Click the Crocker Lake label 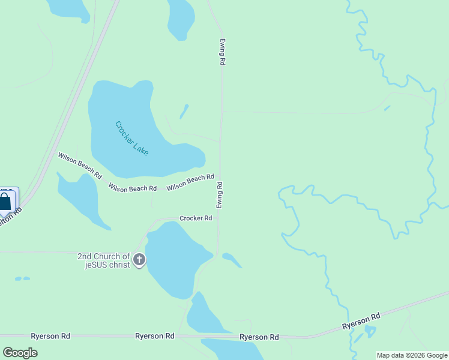point(131,139)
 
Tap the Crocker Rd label point(196,218)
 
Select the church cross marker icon point(139,260)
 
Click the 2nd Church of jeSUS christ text point(104,260)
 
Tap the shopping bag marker point(5,202)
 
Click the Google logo point(20,353)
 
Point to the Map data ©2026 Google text point(412,355)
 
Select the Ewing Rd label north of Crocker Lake point(222,53)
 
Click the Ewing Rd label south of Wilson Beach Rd point(220,195)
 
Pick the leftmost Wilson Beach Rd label point(80,165)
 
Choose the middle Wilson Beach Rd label point(133,188)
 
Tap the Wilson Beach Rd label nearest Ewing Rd point(190,182)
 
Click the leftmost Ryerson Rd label point(52,336)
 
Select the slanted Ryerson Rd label point(361,321)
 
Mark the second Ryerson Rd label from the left point(155,336)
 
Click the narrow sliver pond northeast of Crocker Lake point(184,112)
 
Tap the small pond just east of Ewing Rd point(232,260)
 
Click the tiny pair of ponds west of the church point(22,279)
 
